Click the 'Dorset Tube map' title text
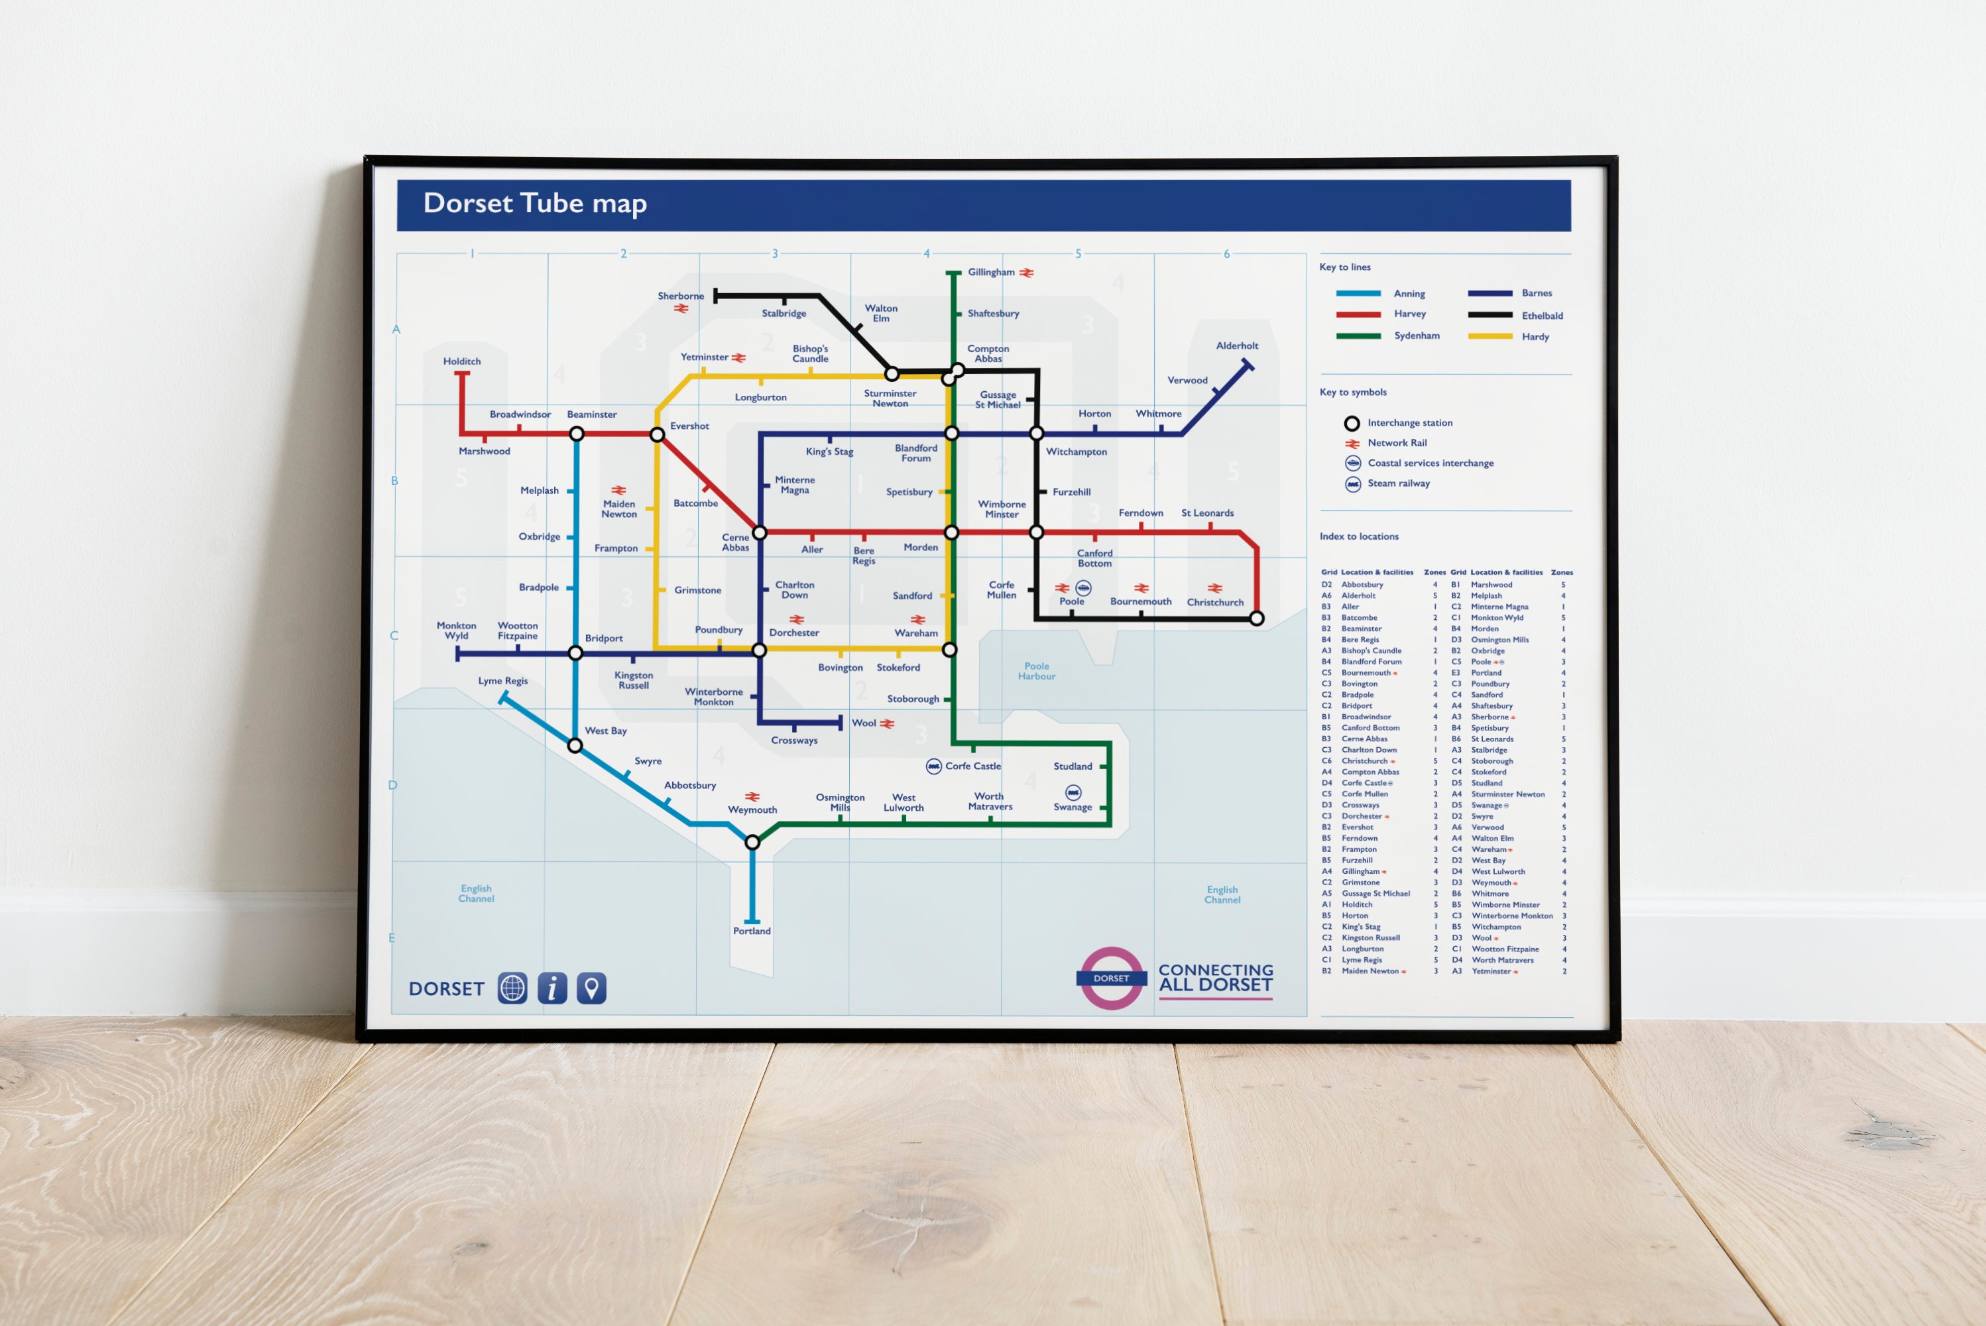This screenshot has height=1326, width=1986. pyautogui.click(x=534, y=204)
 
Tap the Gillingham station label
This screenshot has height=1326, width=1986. pyautogui.click(x=990, y=272)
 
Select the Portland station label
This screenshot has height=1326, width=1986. pyautogui.click(x=751, y=931)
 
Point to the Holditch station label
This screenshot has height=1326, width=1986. pyautogui.click(x=461, y=362)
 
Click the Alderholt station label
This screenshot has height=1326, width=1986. pyautogui.click(x=1236, y=346)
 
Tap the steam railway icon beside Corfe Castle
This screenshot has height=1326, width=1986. pyautogui.click(x=933, y=766)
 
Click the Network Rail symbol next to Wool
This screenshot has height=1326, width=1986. pyautogui.click(x=887, y=724)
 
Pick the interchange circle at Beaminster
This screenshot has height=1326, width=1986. pyautogui.click(x=577, y=434)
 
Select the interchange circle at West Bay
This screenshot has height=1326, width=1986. pyautogui.click(x=575, y=746)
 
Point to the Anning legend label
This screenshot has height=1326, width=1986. pyautogui.click(x=1409, y=294)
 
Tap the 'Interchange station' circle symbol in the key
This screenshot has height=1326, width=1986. pyautogui.click(x=1352, y=423)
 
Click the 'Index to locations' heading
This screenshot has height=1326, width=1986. pyautogui.click(x=1359, y=537)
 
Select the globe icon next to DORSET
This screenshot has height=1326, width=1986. pyautogui.click(x=512, y=988)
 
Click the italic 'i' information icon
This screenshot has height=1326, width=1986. pyautogui.click(x=552, y=988)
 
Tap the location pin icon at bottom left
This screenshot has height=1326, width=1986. pyautogui.click(x=592, y=988)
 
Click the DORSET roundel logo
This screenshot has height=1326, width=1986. pyautogui.click(x=1111, y=979)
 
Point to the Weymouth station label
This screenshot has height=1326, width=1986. pyautogui.click(x=752, y=810)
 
